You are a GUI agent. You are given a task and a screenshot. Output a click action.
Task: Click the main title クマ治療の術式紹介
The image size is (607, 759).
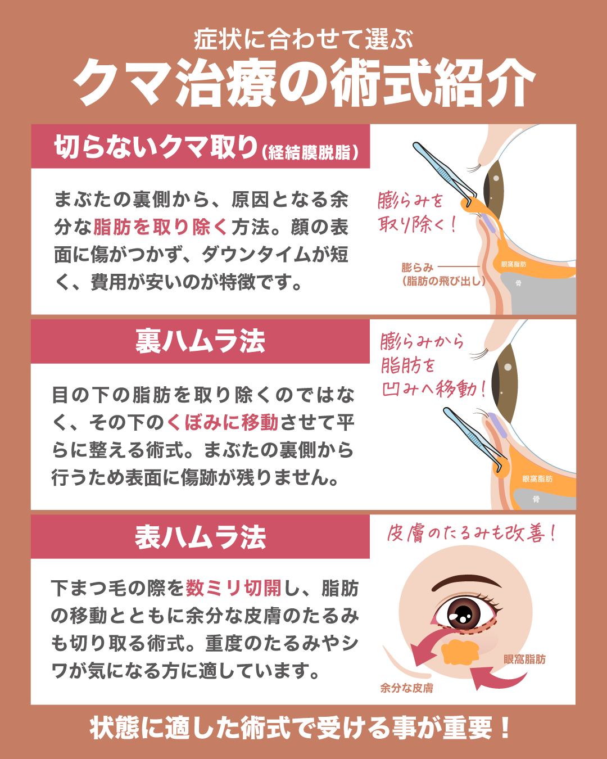click(x=304, y=83)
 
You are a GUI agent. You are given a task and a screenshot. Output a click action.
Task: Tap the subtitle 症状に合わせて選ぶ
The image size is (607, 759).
click(x=303, y=39)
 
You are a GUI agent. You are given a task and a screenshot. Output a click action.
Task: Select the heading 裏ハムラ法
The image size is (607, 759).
click(x=200, y=341)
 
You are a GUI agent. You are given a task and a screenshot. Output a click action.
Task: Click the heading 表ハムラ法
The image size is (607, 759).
click(x=200, y=537)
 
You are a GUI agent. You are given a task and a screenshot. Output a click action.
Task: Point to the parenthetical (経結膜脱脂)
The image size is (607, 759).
click(x=310, y=152)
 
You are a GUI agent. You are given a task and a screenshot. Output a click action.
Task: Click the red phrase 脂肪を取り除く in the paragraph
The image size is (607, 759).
click(x=161, y=227)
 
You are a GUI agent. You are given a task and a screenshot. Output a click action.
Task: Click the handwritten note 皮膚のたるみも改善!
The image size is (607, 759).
click(x=471, y=533)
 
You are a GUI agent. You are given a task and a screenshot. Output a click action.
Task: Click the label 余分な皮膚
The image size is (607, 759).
click(x=406, y=688)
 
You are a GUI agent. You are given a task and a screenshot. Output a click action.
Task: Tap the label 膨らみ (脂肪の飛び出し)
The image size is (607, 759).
click(x=443, y=274)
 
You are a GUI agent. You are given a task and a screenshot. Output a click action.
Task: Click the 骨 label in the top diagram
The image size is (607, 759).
click(x=518, y=283)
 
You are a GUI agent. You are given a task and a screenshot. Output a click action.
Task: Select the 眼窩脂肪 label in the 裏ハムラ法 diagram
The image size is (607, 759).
click(x=537, y=478)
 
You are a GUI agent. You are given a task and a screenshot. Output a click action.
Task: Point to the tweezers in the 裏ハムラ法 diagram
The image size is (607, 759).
click(x=475, y=439)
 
